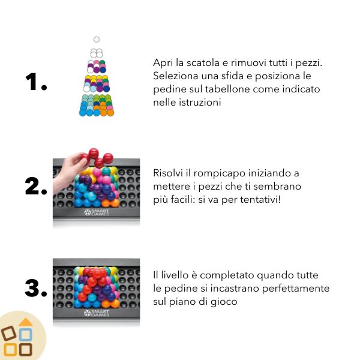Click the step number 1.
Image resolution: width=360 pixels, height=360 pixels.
click(x=36, y=82)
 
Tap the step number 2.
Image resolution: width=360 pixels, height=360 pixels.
click(x=36, y=187)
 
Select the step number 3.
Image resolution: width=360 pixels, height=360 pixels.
click(x=36, y=288)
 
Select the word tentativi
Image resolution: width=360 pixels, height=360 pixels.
click(x=260, y=200)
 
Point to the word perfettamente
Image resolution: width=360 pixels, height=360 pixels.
click(x=296, y=289)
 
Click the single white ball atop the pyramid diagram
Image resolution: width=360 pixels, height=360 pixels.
click(x=97, y=40)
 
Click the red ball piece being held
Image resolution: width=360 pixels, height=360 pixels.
click(x=98, y=158)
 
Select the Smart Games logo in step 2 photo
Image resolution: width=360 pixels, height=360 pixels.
click(x=97, y=212)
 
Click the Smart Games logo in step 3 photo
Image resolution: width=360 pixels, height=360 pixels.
click(x=97, y=313)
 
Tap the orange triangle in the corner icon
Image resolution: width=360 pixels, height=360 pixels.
click(x=26, y=322)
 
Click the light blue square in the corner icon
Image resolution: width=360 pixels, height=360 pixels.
click(x=25, y=334)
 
